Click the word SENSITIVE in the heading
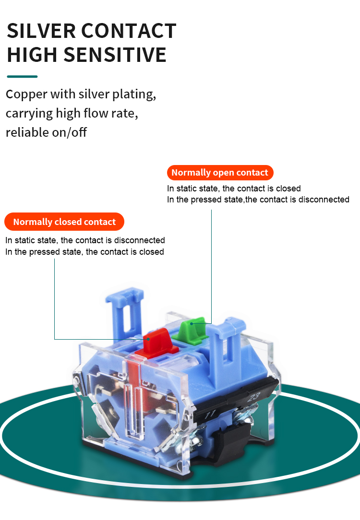click(x=121, y=55)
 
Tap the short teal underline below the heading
click(x=22, y=76)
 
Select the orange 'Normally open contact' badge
click(x=220, y=173)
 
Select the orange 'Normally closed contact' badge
click(x=64, y=222)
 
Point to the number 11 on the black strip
click(x=210, y=414)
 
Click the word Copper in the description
click(x=26, y=94)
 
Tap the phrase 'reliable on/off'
click(x=46, y=132)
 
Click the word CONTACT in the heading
click(x=128, y=31)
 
